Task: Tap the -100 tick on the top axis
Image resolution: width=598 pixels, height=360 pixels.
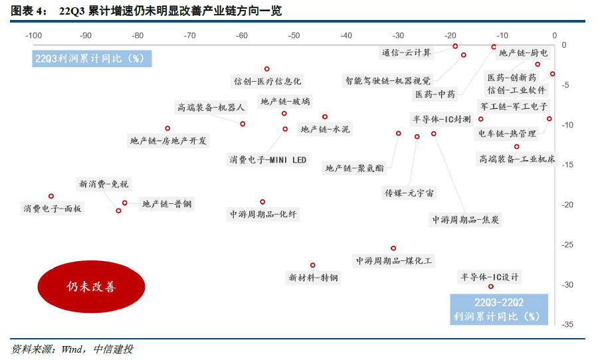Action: click(34, 35)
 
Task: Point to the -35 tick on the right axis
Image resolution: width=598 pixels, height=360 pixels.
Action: click(569, 324)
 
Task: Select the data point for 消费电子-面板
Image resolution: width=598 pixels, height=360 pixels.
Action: click(51, 196)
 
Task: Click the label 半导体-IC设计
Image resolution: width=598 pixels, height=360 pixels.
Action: click(490, 277)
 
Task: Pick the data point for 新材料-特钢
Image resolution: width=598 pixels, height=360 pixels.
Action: click(313, 265)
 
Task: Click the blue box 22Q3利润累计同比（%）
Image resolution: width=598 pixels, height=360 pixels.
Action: click(93, 58)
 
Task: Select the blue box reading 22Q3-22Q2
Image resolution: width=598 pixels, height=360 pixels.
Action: click(499, 303)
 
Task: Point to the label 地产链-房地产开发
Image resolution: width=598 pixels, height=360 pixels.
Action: click(169, 140)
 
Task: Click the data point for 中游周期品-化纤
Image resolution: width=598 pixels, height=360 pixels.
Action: click(262, 201)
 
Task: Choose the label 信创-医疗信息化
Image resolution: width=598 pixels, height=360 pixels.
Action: click(267, 81)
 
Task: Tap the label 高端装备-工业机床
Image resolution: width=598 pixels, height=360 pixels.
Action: click(518, 159)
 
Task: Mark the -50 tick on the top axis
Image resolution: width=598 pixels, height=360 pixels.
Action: click(294, 35)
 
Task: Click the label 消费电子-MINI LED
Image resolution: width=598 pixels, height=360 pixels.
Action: click(268, 160)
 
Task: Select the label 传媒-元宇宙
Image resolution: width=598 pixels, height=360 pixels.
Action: click(409, 193)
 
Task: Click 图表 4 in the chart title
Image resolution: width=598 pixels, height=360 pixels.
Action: click(28, 11)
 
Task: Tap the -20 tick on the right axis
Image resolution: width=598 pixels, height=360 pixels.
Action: click(569, 205)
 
